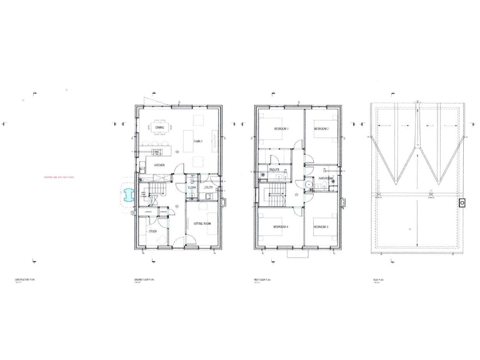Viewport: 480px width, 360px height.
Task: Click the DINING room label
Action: [x=159, y=127]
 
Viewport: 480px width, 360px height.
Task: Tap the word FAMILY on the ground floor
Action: [x=198, y=142]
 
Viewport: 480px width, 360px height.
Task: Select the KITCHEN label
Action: [x=159, y=166]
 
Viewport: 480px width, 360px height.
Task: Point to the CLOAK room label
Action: [x=192, y=187]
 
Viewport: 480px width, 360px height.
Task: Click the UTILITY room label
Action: [x=208, y=187]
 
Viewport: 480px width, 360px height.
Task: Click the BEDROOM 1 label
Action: [x=281, y=129]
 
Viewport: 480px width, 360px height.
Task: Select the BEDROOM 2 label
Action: [x=321, y=129]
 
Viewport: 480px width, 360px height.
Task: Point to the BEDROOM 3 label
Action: [x=321, y=226]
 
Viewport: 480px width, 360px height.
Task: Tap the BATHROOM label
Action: [x=325, y=179]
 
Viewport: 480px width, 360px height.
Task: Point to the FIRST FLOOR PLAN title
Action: [x=262, y=280]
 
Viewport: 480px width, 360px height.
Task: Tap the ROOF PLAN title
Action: [x=377, y=280]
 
